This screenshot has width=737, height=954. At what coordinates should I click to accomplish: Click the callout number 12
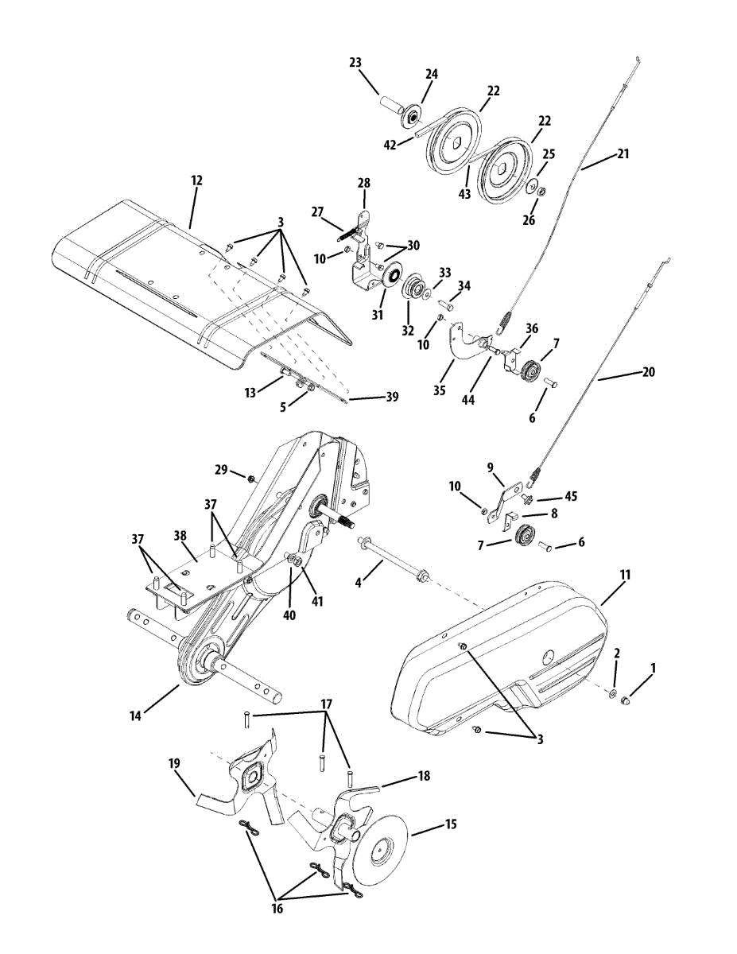click(x=196, y=180)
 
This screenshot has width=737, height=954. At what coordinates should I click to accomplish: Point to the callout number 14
click(x=136, y=715)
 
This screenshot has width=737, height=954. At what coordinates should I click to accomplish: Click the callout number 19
click(x=175, y=763)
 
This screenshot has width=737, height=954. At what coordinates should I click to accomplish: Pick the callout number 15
click(x=451, y=824)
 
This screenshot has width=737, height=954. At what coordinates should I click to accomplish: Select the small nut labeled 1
click(x=626, y=700)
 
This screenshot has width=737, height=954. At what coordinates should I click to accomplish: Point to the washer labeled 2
click(x=613, y=694)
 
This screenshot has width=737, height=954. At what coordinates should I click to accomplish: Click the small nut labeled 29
click(x=251, y=479)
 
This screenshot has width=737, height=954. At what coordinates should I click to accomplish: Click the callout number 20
click(x=648, y=371)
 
